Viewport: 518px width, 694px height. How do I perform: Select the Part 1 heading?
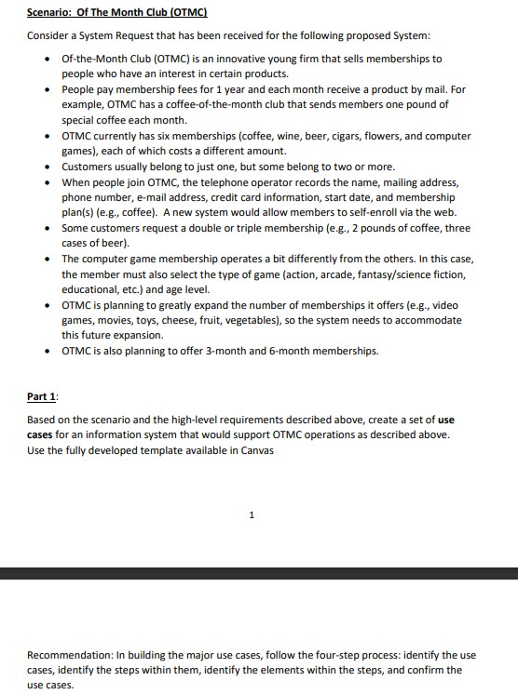(x=41, y=397)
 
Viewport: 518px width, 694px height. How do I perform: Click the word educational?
(x=89, y=289)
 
